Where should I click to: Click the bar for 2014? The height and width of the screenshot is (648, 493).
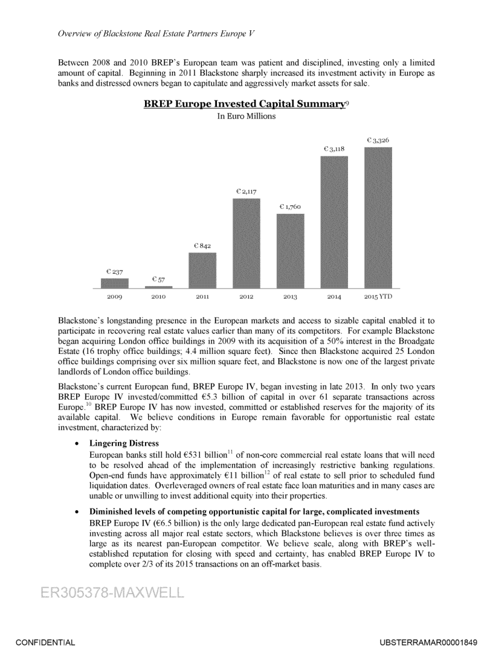(334, 222)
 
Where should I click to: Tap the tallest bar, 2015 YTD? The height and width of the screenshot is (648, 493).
(378, 217)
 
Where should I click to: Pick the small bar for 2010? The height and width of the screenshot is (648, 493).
(158, 287)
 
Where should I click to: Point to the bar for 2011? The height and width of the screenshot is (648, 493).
(202, 270)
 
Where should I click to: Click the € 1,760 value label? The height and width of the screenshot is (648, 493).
(290, 207)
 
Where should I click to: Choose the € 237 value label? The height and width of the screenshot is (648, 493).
(115, 272)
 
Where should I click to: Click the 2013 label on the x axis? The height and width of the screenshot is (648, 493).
(290, 297)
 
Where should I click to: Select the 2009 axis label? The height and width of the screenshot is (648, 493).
(115, 297)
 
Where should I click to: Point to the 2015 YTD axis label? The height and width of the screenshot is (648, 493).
(378, 297)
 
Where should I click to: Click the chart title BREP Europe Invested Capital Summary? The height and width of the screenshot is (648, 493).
(243, 104)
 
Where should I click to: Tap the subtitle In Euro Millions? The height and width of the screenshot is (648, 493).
(246, 117)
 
